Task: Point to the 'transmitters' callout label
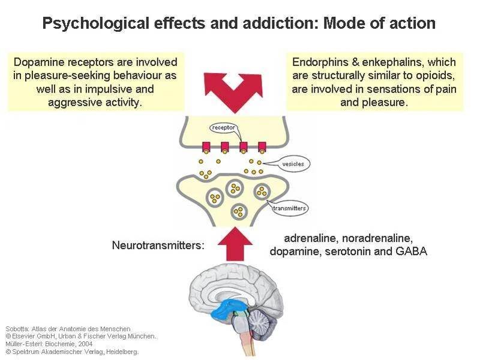pos(290,209)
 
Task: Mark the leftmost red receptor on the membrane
pos(206,147)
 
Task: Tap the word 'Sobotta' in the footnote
pos(17,329)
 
